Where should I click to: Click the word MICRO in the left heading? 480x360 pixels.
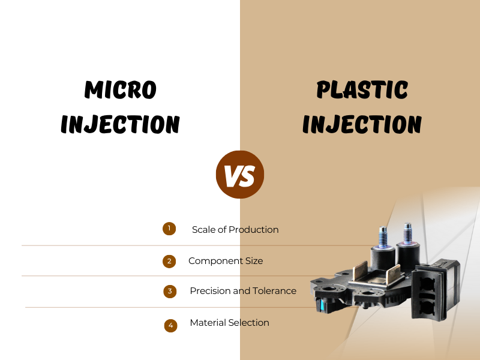[x=120, y=90]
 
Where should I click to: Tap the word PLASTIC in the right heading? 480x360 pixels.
[x=362, y=90]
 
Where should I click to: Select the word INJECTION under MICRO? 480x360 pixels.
[x=120, y=124]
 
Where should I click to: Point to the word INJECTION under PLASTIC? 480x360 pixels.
[x=362, y=124]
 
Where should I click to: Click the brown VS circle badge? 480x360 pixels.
[x=240, y=175]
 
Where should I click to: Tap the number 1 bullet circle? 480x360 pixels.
[x=169, y=229]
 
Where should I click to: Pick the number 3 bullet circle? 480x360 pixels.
[x=170, y=292]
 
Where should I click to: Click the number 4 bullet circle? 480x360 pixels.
[x=171, y=325]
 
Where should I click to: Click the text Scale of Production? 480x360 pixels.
[x=235, y=230]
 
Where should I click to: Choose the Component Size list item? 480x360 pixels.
[x=226, y=261]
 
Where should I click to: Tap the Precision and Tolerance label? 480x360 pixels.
[x=243, y=291]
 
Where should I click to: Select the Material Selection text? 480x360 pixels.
[x=229, y=323]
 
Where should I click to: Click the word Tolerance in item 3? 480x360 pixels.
[x=275, y=291]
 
